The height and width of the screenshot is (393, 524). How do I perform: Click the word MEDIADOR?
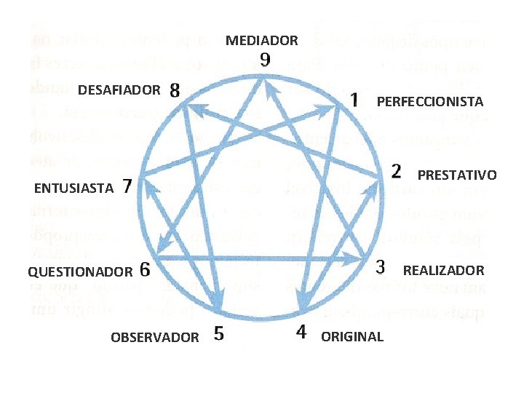click(261, 41)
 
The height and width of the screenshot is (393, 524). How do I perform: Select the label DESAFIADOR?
click(119, 90)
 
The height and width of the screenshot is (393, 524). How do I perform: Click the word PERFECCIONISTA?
click(429, 101)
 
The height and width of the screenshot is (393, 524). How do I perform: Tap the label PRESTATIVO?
click(457, 175)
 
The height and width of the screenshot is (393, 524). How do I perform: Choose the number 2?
click(397, 172)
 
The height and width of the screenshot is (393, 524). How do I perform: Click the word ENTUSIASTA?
click(74, 188)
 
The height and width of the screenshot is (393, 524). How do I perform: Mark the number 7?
click(127, 186)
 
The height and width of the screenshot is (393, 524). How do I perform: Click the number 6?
click(144, 270)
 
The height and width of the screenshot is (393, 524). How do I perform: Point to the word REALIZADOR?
click(443, 271)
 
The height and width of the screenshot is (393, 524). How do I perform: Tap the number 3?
click(380, 267)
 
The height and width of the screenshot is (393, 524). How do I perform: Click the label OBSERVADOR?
click(154, 337)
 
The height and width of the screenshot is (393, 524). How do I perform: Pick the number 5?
click(219, 335)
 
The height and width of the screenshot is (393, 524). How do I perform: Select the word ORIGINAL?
click(352, 337)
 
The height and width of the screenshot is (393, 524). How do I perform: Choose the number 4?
click(301, 333)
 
